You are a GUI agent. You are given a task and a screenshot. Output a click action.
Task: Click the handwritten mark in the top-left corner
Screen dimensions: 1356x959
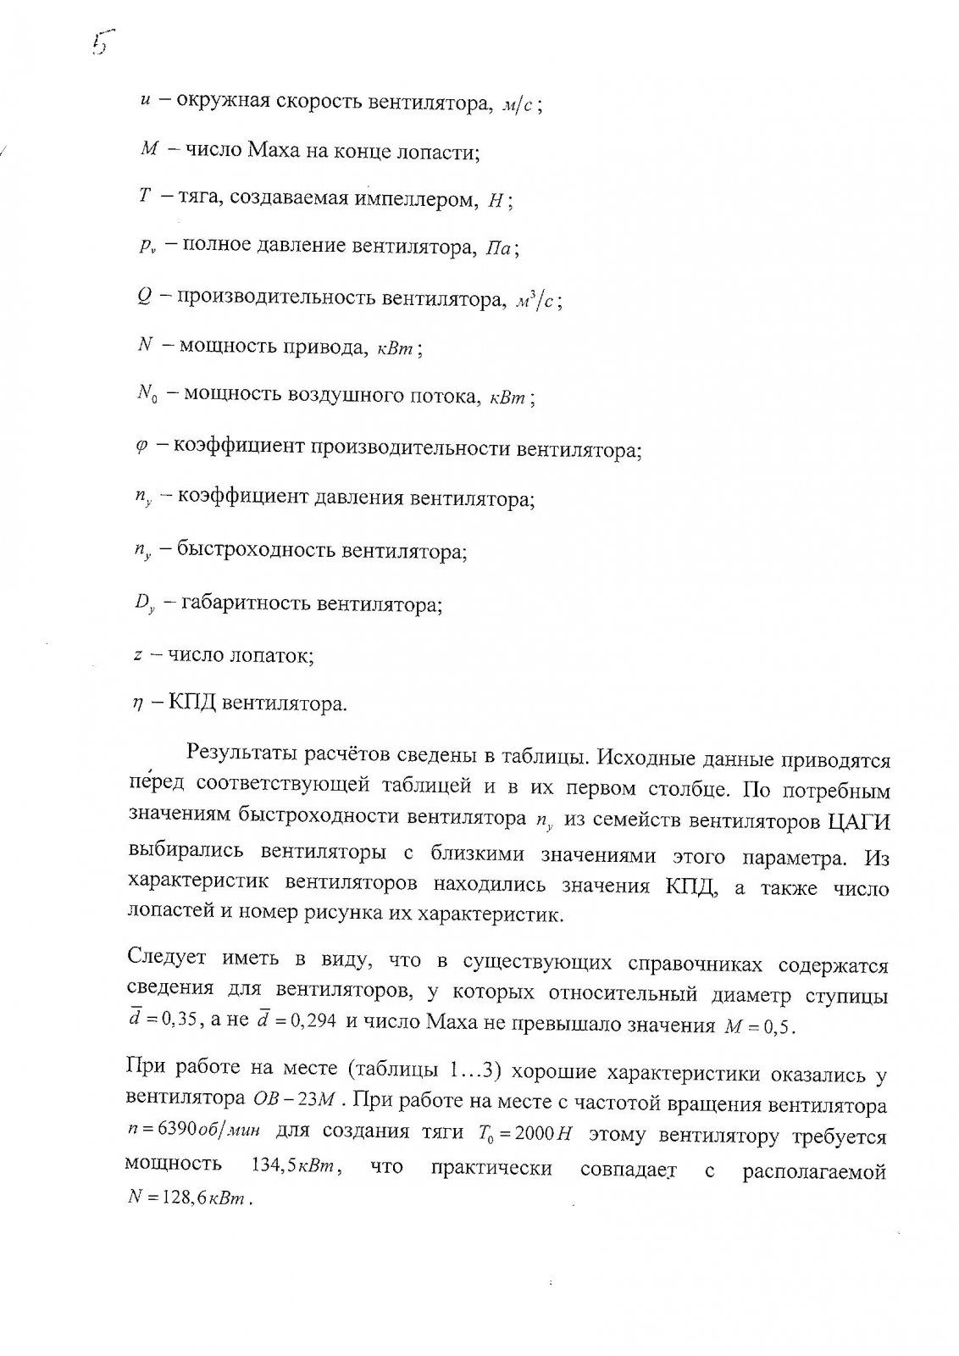point(103,40)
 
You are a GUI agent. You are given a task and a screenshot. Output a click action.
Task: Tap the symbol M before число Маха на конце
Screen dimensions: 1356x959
point(146,152)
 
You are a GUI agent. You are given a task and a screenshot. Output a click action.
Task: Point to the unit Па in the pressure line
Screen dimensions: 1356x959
point(498,249)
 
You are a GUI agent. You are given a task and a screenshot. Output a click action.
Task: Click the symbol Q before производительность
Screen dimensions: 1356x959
point(143,297)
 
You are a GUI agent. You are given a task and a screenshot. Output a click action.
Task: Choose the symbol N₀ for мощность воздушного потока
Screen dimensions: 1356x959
point(147,395)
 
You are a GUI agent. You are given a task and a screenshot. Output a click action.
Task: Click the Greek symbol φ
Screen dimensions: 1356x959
point(141,447)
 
